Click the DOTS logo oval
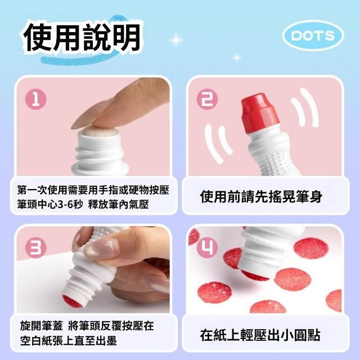coord(313,35)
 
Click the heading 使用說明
coord(82,38)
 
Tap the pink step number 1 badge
coord(35,100)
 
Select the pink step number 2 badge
coord(208,99)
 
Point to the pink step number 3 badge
coord(35,248)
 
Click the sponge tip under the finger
coord(100,131)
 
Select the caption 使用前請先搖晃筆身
coord(261,196)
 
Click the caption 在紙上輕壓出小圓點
coord(260,335)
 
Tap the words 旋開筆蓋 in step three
coord(41,326)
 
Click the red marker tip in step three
coord(72,301)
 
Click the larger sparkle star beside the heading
coord(176,40)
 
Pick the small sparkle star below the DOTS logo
coord(237,57)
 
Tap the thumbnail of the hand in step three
coord(101,249)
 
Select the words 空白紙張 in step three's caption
coord(41,340)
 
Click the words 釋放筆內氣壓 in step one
coord(119,204)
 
